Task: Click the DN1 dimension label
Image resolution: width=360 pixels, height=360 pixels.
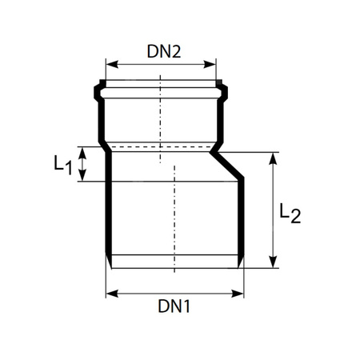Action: pos(174,306)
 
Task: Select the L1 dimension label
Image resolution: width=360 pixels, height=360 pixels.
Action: pos(63,166)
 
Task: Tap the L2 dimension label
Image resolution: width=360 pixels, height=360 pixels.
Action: pos(290,214)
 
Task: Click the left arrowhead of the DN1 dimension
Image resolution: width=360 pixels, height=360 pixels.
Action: pos(110,293)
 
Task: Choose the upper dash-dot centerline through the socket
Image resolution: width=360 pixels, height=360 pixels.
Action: pos(160,104)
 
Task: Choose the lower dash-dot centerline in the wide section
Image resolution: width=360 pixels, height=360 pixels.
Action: pos(174,216)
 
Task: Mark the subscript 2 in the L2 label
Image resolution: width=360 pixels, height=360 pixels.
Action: pos(295,218)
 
